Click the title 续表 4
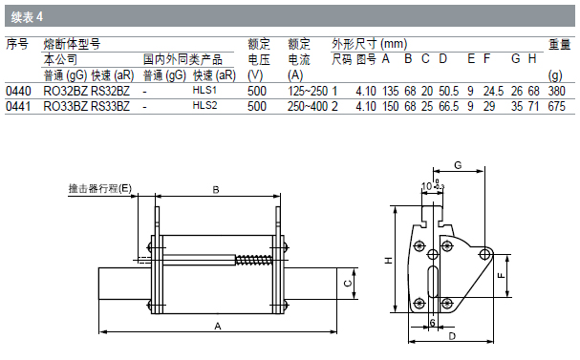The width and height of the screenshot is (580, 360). tap(27, 17)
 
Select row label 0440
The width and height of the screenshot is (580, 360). tap(18, 91)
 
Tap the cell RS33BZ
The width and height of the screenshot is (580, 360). tap(110, 106)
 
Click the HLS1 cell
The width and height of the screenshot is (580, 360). tap(204, 90)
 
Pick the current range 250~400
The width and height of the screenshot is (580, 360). tap(308, 106)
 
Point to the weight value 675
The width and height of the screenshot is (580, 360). tap(557, 106)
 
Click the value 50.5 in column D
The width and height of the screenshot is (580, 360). tap(449, 91)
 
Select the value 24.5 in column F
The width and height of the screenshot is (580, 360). tap(493, 91)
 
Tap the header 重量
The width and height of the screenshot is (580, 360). tap(559, 45)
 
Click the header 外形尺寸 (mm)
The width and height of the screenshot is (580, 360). tap(369, 44)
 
